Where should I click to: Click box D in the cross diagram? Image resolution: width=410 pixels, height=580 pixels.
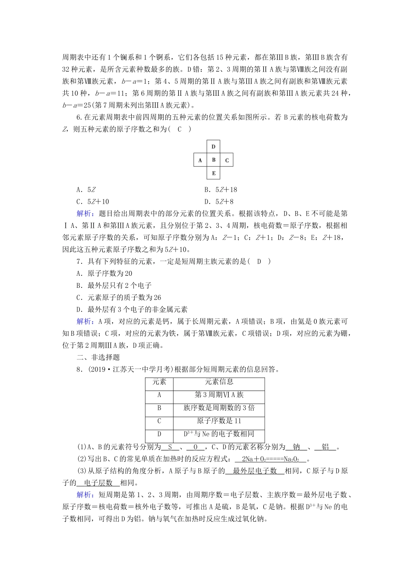214,147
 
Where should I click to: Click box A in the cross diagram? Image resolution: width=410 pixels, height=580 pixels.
200,161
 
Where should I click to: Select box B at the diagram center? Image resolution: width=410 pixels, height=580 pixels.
214,160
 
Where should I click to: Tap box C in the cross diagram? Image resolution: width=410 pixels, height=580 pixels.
227,161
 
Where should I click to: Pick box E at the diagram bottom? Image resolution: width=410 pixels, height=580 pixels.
214,174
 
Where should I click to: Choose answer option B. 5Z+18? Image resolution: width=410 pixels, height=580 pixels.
221,189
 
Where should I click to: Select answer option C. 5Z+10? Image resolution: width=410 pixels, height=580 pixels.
93,202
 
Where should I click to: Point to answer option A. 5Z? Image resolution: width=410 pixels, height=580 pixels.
86,189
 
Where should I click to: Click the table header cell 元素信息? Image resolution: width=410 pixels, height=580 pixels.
219,382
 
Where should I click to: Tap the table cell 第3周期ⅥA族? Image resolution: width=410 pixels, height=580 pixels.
219,395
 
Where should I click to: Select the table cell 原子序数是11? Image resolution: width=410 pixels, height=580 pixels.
219,421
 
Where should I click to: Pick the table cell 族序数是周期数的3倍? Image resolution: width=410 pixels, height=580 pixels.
219,408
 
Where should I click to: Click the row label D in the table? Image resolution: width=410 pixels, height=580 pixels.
159,434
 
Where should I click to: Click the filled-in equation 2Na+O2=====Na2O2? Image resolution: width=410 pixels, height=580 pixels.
271,459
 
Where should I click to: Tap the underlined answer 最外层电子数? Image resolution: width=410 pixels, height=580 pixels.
255,471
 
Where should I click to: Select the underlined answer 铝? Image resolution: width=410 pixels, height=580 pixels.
326,447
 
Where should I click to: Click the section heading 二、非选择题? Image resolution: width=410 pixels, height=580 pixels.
98,357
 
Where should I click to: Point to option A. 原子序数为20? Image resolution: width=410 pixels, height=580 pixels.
104,273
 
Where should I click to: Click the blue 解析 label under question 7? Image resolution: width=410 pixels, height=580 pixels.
84,322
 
